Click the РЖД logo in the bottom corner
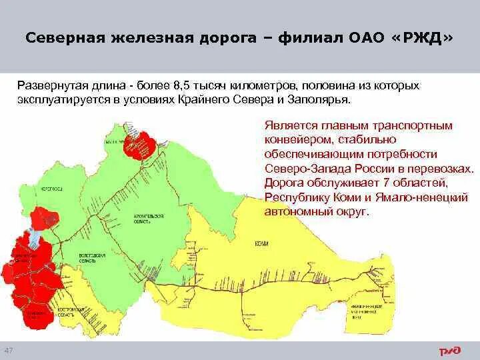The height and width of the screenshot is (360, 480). (x=448, y=350)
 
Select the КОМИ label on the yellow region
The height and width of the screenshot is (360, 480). (x=261, y=243)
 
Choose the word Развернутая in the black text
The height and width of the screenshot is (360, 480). (x=45, y=87)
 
